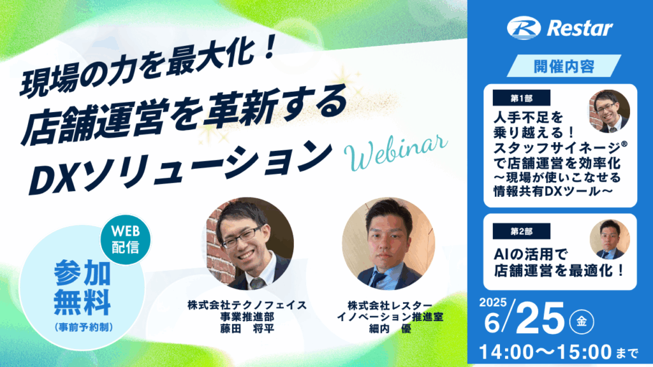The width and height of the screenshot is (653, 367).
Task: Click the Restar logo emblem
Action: click(524, 28)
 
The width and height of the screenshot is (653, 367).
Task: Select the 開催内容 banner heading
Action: click(564, 66)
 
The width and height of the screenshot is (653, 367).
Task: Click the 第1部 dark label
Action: click(522, 98)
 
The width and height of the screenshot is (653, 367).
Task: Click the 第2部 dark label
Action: click(522, 231)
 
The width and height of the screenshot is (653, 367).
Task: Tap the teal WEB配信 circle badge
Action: click(126, 240)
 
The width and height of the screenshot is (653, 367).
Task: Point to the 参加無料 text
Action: click(82, 288)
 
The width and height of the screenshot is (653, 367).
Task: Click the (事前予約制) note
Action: click(84, 327)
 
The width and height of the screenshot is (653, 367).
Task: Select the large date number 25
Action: click(539, 319)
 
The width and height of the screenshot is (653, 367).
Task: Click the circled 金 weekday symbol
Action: click(582, 322)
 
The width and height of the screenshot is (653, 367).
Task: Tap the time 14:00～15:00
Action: click(546, 352)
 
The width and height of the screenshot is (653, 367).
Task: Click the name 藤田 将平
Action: click(247, 329)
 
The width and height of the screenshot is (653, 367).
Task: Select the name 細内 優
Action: click(390, 329)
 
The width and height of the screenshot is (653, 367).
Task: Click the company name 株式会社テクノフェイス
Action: click(247, 305)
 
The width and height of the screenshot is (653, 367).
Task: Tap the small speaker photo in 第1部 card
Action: click(609, 111)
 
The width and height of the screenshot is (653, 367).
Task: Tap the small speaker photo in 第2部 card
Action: click(610, 240)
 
